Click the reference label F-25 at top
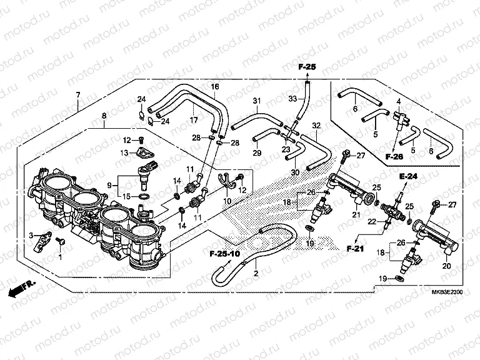point(307,67)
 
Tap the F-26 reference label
point(394,156)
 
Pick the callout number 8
point(104,116)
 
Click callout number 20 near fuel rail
point(446,266)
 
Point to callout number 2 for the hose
point(255,273)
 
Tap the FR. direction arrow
point(21,289)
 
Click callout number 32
point(316,125)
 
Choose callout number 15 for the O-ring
point(127,196)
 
